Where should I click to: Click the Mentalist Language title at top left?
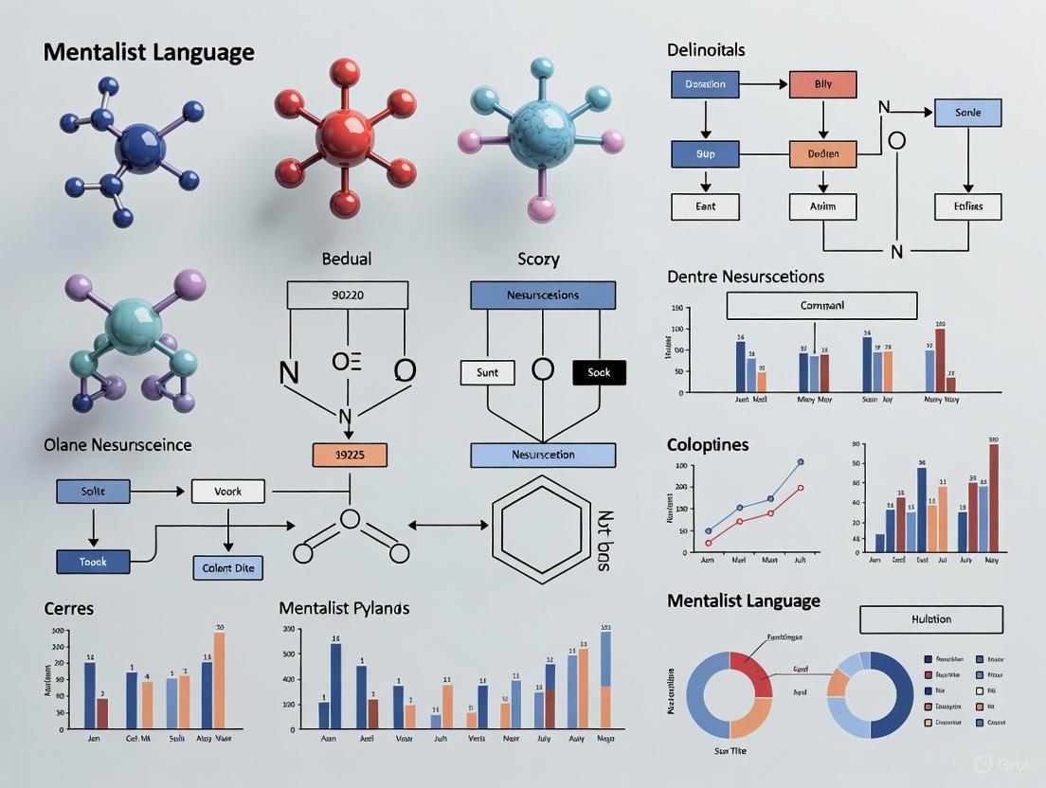[149, 52]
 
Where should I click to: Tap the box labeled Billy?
[822, 84]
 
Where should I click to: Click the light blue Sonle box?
[967, 112]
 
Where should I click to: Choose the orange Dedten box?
[822, 153]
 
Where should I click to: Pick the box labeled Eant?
[705, 206]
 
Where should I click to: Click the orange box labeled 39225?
[350, 455]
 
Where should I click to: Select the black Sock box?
[599, 372]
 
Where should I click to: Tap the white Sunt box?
[487, 372]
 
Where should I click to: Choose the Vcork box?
[228, 492]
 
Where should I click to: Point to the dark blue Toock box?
[93, 562]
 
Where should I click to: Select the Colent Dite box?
[227, 568]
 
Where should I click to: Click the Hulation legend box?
[930, 619]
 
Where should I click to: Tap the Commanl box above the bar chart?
[821, 306]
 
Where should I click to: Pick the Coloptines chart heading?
[707, 444]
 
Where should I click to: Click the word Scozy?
[538, 259]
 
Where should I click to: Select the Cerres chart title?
[69, 607]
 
